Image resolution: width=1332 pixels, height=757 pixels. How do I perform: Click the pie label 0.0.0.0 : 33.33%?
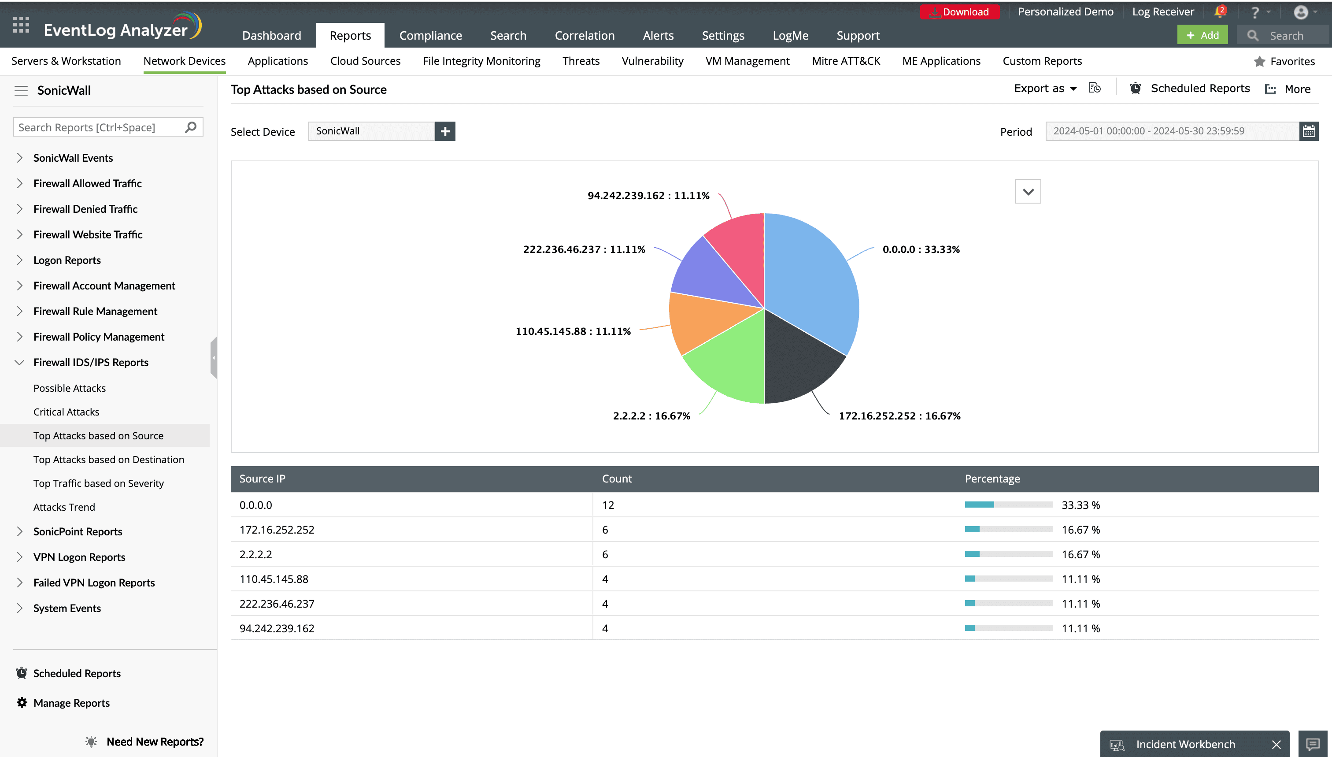(x=921, y=249)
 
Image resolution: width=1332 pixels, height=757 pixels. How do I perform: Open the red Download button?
(x=959, y=12)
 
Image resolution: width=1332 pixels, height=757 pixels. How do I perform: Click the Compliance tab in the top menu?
(x=430, y=35)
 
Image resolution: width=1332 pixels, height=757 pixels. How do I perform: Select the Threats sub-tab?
(x=581, y=61)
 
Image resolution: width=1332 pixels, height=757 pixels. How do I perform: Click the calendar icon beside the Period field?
(x=1309, y=131)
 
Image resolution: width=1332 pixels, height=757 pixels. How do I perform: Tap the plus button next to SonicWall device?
(x=445, y=131)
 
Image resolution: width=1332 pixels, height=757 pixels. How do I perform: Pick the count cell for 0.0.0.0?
(x=608, y=505)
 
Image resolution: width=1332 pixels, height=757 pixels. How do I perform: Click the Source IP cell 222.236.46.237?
(x=277, y=604)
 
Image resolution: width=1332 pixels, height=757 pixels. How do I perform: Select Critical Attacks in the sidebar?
(x=66, y=412)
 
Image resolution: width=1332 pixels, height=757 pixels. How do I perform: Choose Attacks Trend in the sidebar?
(x=64, y=507)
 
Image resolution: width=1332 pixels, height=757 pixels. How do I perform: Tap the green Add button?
(x=1202, y=35)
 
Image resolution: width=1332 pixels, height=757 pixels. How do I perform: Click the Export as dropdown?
(x=1045, y=89)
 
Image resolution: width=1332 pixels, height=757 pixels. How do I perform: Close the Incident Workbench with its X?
(x=1276, y=745)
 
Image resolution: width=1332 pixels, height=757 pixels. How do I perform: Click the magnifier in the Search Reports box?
(x=191, y=127)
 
